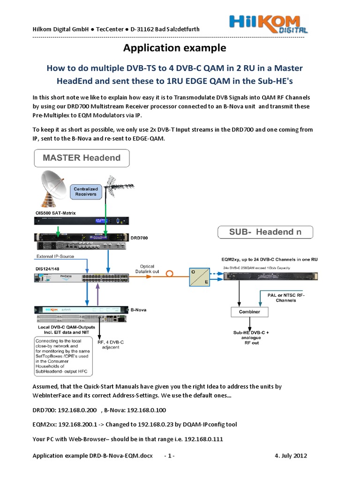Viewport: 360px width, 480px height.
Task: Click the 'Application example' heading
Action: (x=174, y=48)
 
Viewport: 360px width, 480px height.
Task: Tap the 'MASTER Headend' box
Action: (x=82, y=157)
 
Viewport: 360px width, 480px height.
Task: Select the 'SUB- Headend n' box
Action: (x=265, y=232)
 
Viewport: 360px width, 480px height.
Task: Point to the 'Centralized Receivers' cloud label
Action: (x=86, y=191)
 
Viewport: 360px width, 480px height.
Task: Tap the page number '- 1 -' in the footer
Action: (x=169, y=456)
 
